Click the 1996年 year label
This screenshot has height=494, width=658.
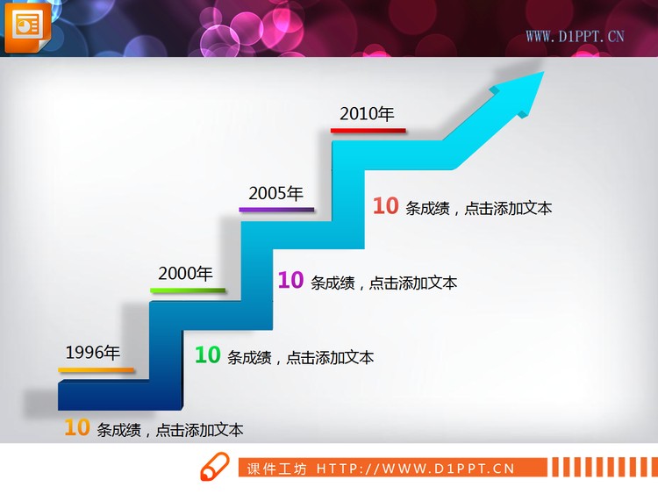pos(92,354)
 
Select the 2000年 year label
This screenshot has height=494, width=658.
pos(185,273)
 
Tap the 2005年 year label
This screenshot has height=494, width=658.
pos(275,194)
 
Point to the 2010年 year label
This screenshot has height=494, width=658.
pos(367,113)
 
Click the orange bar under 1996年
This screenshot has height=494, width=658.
pos(97,370)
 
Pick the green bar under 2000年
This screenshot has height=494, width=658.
pos(188,290)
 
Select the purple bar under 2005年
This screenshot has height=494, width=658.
pos(276,210)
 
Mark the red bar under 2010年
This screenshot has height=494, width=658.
pos(368,130)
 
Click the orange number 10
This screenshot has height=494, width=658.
pos(77,428)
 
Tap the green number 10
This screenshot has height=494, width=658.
pos(207,355)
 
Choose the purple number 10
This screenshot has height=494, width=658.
pos(290,281)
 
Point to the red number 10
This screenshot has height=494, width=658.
pos(386,206)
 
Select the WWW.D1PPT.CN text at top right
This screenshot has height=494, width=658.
pos(575,36)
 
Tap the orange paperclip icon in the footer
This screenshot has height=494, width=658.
pos(213,469)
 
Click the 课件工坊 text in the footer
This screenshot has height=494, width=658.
pos(277,469)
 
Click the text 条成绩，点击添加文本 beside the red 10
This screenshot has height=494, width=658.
pos(479,208)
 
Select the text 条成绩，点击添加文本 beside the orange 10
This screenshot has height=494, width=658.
pos(170,430)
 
